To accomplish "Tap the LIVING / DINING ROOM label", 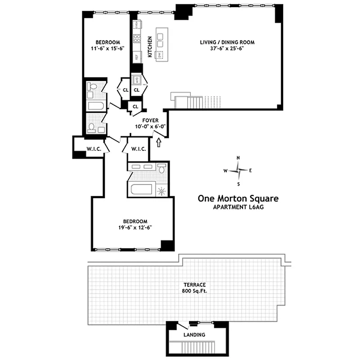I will [x=227, y=42].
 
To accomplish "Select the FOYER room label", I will [x=150, y=120].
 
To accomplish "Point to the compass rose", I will [x=238, y=171].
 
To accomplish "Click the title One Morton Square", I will [x=238, y=198].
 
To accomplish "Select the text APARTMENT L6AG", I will [x=238, y=207].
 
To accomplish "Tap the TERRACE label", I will [x=194, y=285].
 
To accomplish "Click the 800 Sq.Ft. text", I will [x=194, y=292].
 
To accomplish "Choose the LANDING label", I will [x=194, y=335].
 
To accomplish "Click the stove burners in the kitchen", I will [x=137, y=38].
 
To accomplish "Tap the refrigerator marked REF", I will [x=136, y=57].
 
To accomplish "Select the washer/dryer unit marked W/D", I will [x=136, y=81].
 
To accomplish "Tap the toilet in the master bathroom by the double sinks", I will [x=162, y=169].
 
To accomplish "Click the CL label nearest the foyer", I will [x=135, y=107].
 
